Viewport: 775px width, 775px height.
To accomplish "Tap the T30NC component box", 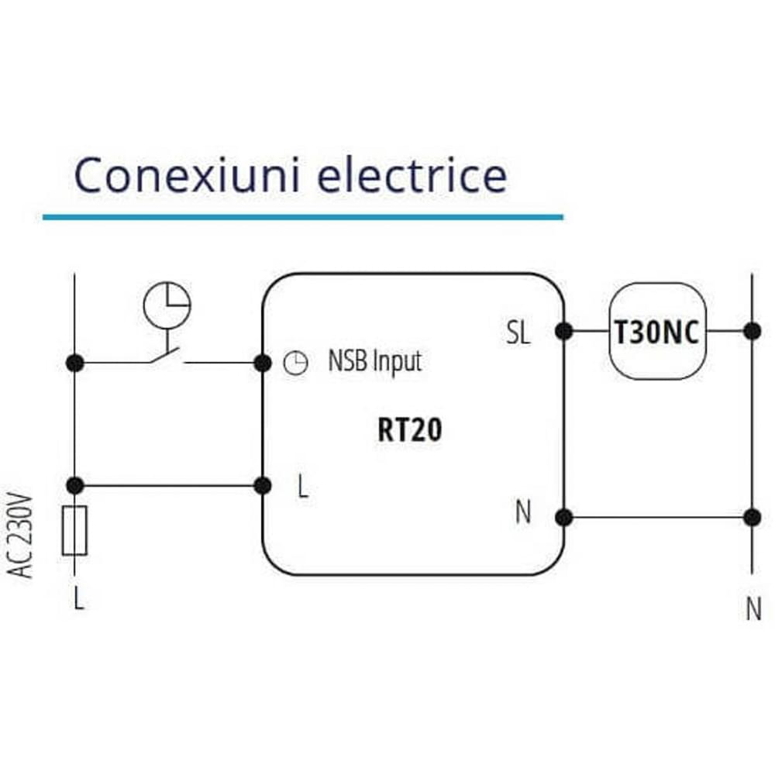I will click(x=657, y=332).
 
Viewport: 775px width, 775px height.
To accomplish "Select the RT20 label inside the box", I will click(x=410, y=431).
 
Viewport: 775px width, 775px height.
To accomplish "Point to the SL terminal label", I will click(x=518, y=333).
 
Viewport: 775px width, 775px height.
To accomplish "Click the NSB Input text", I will click(x=375, y=361).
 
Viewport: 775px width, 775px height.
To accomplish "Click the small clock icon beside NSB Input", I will click(x=295, y=363).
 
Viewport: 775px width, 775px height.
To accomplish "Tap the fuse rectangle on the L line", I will click(x=74, y=531).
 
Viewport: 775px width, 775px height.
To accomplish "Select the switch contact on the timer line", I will click(x=165, y=357).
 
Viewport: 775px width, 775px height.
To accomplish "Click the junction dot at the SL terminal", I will click(x=564, y=332).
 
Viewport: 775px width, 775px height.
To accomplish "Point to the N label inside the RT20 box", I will click(x=523, y=512).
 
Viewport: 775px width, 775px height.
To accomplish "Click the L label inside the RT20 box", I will click(x=303, y=487).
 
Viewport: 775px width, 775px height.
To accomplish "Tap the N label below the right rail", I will click(x=753, y=610).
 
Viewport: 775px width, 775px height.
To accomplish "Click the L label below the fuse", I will click(x=78, y=599).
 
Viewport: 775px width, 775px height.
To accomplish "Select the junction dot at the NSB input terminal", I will click(x=263, y=362).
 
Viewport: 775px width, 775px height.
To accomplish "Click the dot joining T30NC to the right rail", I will click(x=752, y=332).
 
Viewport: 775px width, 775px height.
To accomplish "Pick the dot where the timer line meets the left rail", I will click(x=74, y=362).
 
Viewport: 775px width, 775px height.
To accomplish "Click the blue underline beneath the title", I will click(x=302, y=217).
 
